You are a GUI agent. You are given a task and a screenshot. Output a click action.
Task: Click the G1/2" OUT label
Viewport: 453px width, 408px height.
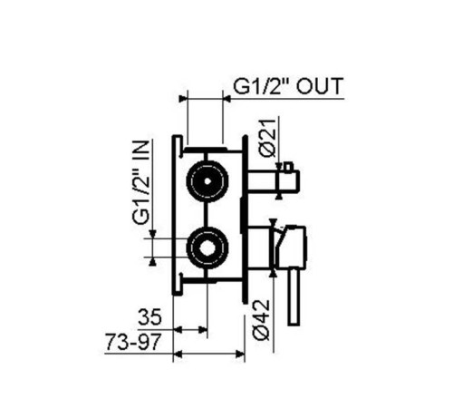[x=288, y=86]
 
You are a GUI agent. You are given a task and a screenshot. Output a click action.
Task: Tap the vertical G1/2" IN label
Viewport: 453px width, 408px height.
[x=141, y=182]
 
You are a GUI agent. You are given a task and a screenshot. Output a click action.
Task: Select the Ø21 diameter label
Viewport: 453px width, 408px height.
[x=268, y=139]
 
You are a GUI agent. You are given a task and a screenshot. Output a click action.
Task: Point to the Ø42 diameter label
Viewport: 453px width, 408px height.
[x=261, y=320]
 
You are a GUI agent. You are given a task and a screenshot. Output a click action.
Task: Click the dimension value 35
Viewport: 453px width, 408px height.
[x=149, y=317]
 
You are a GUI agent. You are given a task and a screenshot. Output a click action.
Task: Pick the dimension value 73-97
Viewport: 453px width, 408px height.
[x=133, y=343]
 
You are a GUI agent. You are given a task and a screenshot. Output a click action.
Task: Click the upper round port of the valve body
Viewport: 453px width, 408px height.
[x=207, y=181]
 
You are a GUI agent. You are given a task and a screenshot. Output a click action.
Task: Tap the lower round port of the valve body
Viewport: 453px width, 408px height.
[x=207, y=248]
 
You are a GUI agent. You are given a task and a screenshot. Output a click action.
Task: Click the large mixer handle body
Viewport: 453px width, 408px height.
[x=292, y=248]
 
